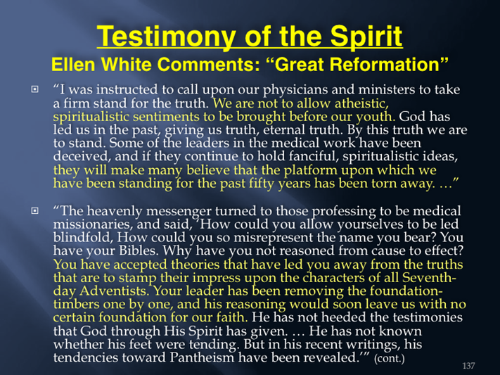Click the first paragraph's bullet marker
pos(34,89)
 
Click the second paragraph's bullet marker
pos(34,210)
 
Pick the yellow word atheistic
pos(361,103)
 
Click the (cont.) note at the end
pos(390,359)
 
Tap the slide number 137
pos(469,366)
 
